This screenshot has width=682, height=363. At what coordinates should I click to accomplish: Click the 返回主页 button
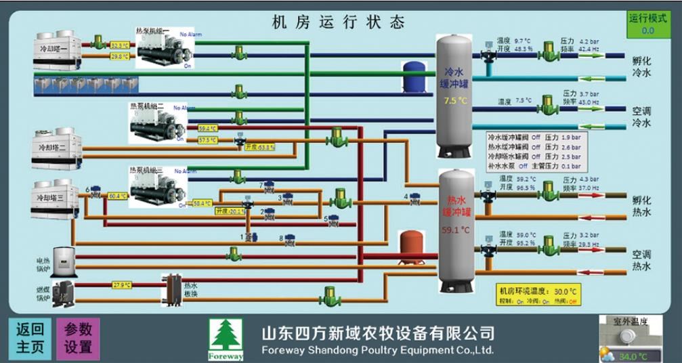tap(30, 338)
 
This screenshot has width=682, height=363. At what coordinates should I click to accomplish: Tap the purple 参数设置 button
tap(78, 338)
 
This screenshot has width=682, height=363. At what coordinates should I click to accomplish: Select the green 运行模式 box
tap(647, 24)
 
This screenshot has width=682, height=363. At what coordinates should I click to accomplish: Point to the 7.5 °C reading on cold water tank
tap(455, 100)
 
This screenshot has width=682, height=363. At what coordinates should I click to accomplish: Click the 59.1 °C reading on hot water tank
tap(455, 230)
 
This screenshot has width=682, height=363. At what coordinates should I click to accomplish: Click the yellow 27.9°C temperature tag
tap(122, 285)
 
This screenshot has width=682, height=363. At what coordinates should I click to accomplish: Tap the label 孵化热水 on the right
tap(641, 206)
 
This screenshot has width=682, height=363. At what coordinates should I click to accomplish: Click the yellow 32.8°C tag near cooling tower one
tap(119, 45)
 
